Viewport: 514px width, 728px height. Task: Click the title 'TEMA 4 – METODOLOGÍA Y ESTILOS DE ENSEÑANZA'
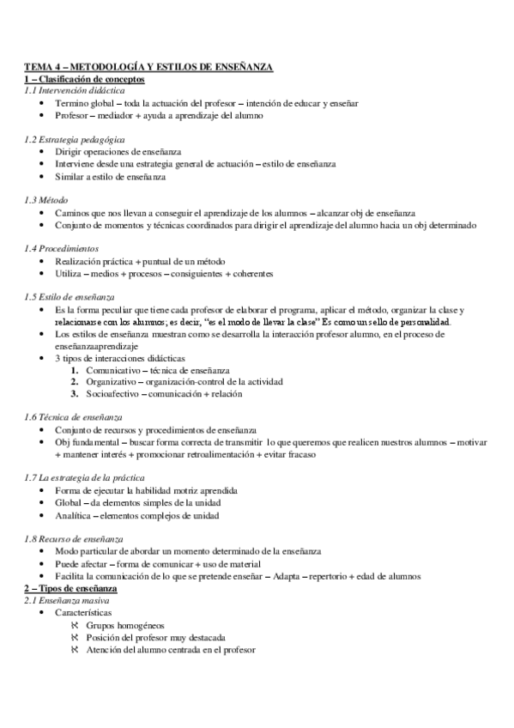pos(148,67)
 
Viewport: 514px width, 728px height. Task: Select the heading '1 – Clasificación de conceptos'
pos(83,78)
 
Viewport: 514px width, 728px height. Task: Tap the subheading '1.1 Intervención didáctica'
pos(74,89)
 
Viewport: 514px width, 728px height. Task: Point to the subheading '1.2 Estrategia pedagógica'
pos(75,138)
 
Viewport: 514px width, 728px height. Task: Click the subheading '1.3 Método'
pos(46,199)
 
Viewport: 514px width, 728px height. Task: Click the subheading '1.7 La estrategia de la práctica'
pos(84,476)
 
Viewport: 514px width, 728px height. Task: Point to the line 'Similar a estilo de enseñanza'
pos(110,177)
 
